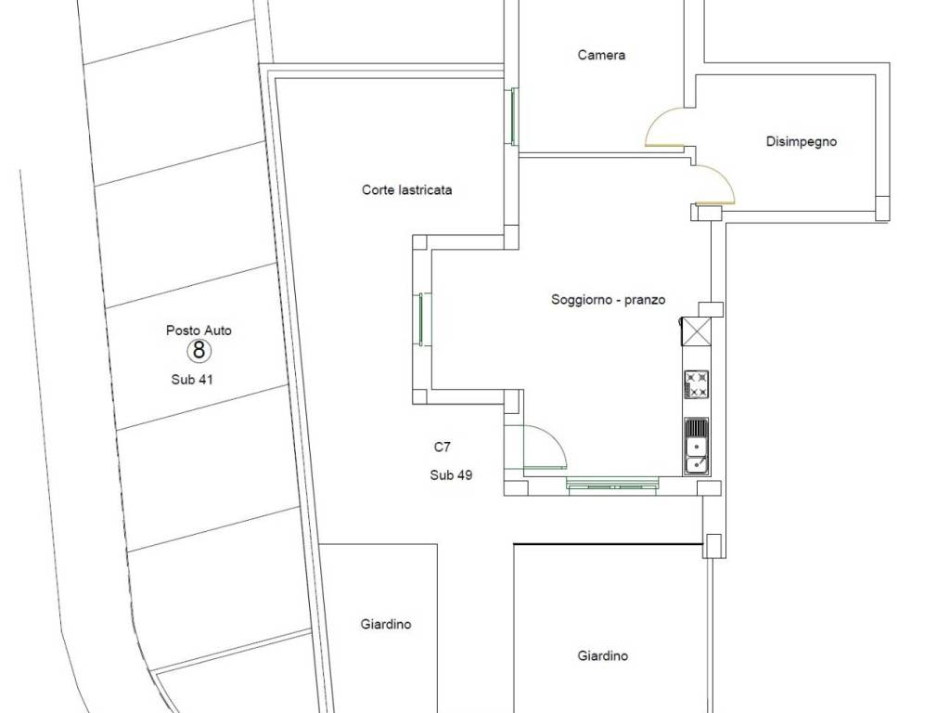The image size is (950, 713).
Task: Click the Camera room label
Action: tap(601, 55)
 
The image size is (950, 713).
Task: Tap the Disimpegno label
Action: tap(801, 142)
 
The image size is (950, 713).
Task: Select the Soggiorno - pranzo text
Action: tap(608, 300)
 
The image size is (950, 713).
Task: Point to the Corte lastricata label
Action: tap(406, 189)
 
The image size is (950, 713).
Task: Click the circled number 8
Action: tap(199, 350)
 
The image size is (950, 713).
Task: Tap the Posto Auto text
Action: tap(199, 331)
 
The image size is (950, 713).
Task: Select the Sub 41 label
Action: tap(192, 380)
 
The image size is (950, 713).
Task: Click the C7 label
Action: tap(443, 447)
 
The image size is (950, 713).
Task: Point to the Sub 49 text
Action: tap(452, 475)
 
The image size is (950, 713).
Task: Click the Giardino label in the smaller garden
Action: tap(386, 624)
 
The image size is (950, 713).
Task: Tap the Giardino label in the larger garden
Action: tap(602, 655)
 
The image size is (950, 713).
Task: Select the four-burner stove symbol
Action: tap(696, 385)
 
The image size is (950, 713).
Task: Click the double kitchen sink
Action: tap(696, 446)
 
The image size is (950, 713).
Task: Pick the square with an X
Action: tap(695, 331)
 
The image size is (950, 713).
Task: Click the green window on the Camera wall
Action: tap(514, 116)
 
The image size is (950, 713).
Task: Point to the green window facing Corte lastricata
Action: tap(422, 319)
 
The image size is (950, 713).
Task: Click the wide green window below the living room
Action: tap(612, 484)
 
